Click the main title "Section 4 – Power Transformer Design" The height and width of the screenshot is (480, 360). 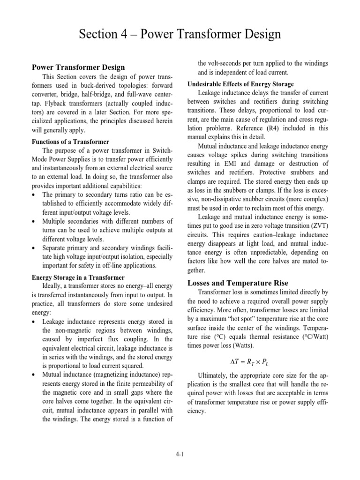pos(180,34)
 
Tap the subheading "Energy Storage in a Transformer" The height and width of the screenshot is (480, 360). pos(78,277)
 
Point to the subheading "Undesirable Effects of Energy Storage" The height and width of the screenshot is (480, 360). pos(240,84)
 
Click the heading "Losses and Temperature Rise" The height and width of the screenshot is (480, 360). pos(238,283)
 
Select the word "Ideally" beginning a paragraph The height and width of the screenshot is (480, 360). pos(54,286)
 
